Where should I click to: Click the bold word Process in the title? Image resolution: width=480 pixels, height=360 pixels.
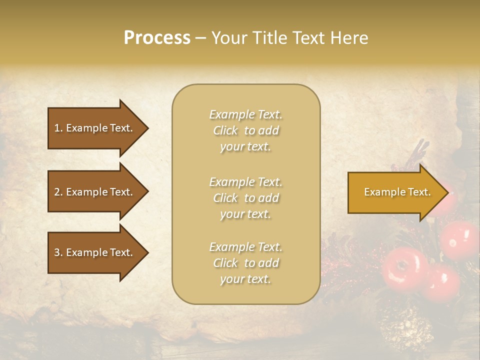click(157, 38)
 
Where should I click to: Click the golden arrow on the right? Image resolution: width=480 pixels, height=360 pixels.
click(395, 192)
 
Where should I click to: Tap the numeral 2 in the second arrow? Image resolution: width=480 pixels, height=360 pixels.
click(56, 192)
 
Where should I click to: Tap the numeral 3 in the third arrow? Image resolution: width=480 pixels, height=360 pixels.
click(56, 252)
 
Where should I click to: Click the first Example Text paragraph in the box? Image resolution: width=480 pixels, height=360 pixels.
click(245, 130)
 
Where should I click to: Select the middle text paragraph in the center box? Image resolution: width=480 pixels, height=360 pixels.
click(245, 198)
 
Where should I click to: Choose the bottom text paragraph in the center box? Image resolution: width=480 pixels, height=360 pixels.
click(245, 263)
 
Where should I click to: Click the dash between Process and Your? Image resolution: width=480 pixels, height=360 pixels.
click(200, 38)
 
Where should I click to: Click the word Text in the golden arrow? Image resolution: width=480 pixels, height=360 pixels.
click(419, 192)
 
